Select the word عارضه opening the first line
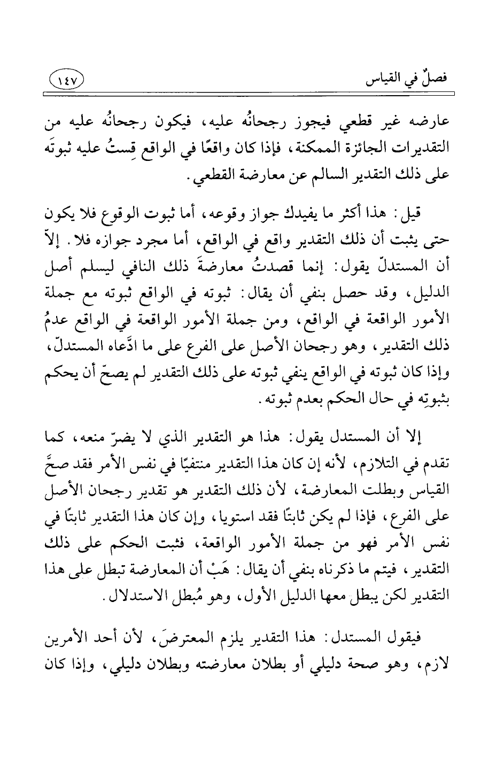click(x=428, y=122)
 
